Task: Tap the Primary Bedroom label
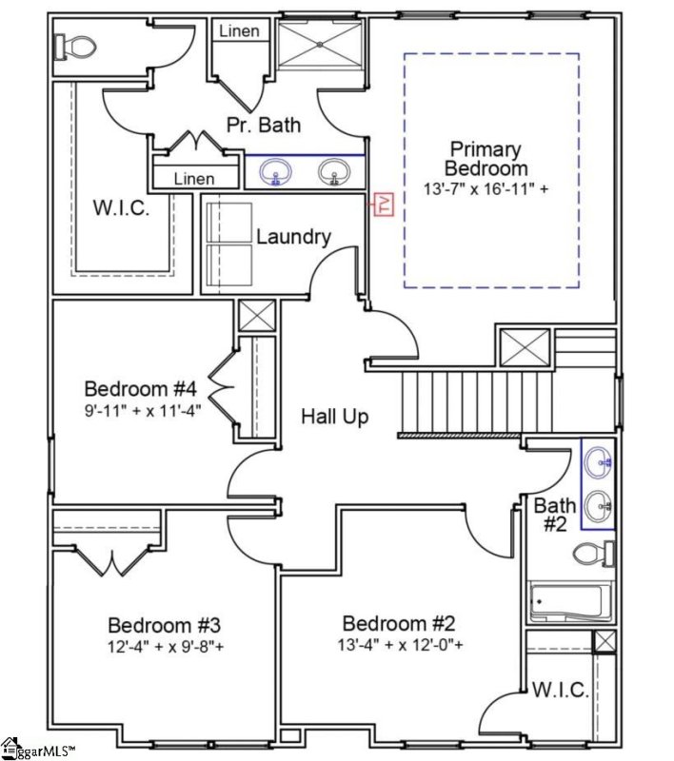coord(486,158)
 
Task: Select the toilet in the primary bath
coord(74,45)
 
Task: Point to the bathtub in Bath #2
coord(568,602)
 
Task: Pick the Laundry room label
coord(293,237)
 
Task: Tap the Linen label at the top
coord(238,31)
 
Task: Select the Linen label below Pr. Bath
coord(194,179)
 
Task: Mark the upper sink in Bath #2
coord(598,464)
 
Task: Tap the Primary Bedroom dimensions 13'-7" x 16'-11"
coord(486,189)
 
